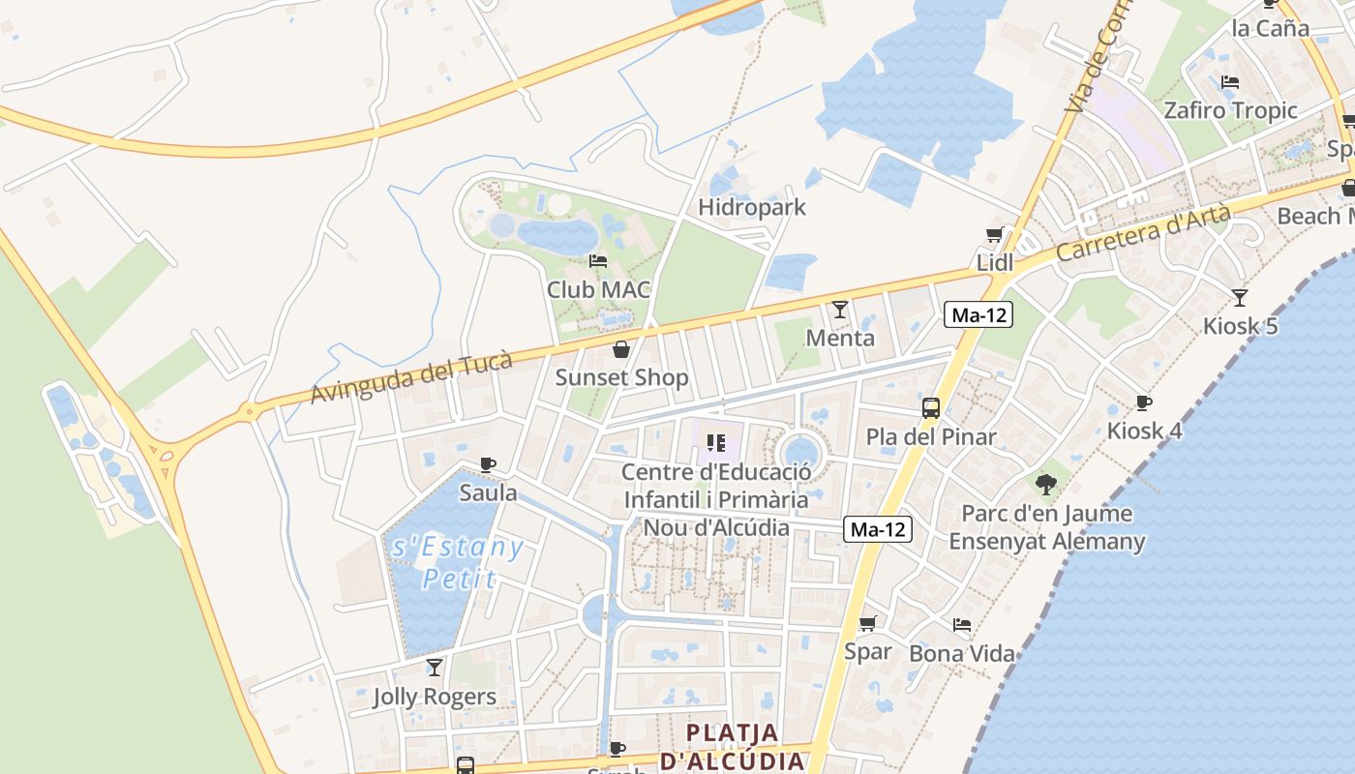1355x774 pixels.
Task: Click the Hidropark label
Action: (752, 207)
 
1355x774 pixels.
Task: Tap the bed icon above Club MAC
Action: (598, 261)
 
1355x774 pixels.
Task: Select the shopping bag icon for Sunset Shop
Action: (621, 349)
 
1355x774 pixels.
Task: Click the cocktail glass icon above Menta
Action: (840, 310)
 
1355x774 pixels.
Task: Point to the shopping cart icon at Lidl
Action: (994, 235)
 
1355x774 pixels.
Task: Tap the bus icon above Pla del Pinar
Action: (931, 408)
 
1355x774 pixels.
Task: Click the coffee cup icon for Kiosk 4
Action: (1144, 402)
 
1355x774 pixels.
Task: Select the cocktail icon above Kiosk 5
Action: (1240, 297)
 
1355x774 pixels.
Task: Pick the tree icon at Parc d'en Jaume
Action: (1045, 484)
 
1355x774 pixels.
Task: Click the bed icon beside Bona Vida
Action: (962, 625)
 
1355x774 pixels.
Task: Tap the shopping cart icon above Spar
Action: (868, 623)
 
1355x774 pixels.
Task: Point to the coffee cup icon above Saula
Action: (488, 464)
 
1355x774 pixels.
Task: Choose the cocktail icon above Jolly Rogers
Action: (435, 668)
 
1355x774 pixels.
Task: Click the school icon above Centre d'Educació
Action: (716, 443)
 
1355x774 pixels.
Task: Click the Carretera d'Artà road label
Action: (1143, 233)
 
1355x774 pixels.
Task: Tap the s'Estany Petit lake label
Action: (459, 563)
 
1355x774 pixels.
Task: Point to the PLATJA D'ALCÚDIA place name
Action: (733, 746)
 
